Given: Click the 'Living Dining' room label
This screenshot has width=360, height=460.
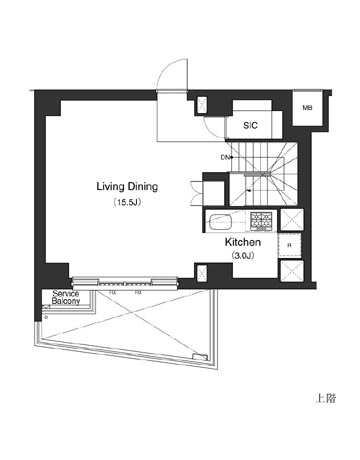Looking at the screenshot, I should tap(127, 186).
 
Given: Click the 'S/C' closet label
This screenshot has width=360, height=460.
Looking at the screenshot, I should tap(252, 126).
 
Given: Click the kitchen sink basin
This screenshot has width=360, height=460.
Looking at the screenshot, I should tap(219, 221).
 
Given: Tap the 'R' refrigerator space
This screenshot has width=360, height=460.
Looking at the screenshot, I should tap(290, 245).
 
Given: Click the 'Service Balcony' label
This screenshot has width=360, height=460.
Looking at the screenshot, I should tap(60, 298).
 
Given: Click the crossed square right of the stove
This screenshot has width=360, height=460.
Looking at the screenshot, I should tap(291, 221).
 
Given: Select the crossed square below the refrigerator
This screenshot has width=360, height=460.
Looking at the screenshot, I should tap(291, 270).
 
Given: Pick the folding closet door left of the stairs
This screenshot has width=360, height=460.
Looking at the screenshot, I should tap(212, 190).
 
